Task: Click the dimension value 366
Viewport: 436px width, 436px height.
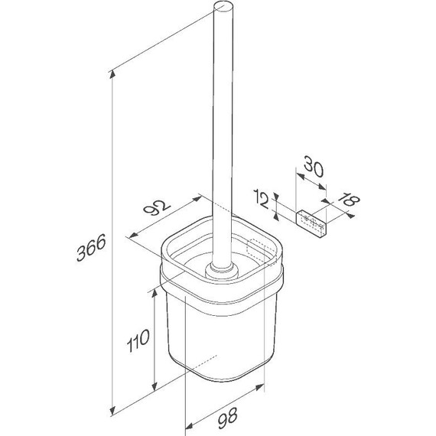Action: coord(91,247)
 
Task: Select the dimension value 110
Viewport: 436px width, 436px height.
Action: coord(138,340)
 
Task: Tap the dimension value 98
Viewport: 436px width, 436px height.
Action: coord(227,418)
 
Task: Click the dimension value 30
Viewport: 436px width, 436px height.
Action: coord(314,166)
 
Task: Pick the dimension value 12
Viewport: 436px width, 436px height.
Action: coord(262,199)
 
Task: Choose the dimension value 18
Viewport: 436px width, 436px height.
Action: coord(348,200)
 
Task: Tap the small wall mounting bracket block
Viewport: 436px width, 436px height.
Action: coord(311,224)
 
